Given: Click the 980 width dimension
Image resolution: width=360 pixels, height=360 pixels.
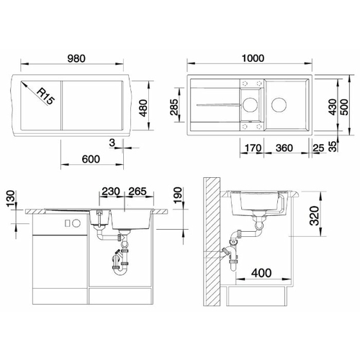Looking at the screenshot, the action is pyautogui.click(x=76, y=58).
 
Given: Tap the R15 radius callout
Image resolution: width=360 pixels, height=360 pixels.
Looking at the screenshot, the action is pyautogui.click(x=45, y=96).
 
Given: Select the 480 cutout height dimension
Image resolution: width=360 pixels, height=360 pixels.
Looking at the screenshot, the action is pyautogui.click(x=143, y=108).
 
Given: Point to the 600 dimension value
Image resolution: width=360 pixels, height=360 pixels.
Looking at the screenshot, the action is pyautogui.click(x=91, y=159).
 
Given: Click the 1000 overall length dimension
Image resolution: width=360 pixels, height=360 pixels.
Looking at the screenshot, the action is pyautogui.click(x=253, y=58).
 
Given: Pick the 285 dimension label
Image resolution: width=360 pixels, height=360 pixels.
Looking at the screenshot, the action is pyautogui.click(x=174, y=107).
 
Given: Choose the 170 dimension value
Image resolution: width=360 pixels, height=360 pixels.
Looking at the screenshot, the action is pyautogui.click(x=253, y=148).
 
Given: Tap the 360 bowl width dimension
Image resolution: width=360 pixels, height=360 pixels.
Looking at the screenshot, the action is pyautogui.click(x=284, y=148).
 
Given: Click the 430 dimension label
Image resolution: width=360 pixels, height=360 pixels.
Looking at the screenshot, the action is pyautogui.click(x=333, y=107).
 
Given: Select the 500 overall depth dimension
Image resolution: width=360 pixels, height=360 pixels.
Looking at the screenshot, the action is pyautogui.click(x=344, y=107).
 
